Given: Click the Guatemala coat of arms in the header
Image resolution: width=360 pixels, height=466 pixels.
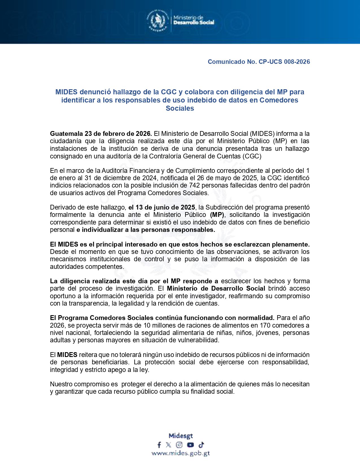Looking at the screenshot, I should point(157,20).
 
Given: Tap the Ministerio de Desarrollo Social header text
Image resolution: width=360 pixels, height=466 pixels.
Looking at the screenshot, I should point(194,20).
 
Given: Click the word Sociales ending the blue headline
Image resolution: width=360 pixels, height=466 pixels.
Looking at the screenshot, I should point(180,108).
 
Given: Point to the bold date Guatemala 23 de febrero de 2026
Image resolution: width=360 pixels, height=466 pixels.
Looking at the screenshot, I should point(101,134).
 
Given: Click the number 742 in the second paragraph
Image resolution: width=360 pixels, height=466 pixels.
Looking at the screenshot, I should point(194,186).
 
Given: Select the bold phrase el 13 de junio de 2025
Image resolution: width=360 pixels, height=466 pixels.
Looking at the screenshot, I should point(162,208).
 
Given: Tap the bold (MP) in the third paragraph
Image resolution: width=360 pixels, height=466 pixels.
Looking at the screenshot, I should point(217,215).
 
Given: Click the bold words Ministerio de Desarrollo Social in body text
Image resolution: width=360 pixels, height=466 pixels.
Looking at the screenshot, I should point(216,289).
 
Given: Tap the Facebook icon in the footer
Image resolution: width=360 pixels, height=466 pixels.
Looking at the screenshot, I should point(159,445).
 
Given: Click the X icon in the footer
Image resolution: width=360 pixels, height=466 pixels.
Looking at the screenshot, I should point(169,445).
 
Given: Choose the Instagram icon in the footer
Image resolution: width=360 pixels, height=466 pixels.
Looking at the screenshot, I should point(179,445).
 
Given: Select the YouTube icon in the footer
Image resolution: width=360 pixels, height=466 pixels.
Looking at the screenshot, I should point(190,445).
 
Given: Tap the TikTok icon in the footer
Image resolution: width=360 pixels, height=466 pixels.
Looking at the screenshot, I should point(201,445).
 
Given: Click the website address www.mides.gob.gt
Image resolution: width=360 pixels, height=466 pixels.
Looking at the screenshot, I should point(181,454).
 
